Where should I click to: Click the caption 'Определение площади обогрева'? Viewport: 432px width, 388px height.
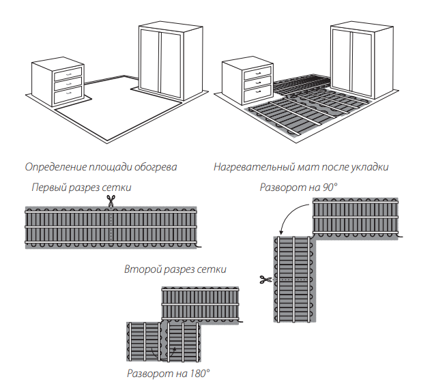100,167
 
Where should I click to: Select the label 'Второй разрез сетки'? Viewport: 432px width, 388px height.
175,270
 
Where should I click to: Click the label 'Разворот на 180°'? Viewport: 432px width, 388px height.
169,373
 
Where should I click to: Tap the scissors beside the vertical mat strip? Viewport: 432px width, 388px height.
264,279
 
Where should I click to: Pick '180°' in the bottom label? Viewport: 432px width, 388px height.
198,373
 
